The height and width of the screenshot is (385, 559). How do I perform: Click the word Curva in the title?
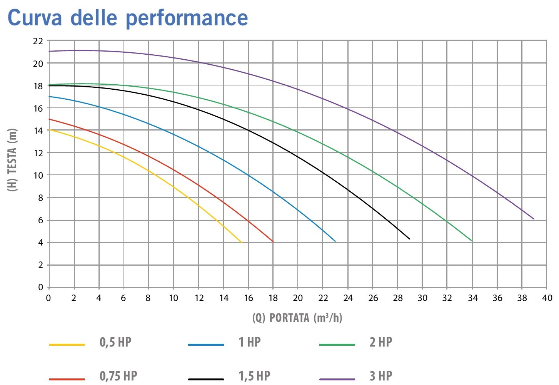coord(35,18)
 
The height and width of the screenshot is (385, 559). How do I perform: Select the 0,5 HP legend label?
coord(115,342)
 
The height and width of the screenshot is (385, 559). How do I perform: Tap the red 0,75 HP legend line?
coord(67,379)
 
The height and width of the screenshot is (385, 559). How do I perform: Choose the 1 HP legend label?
coord(250,342)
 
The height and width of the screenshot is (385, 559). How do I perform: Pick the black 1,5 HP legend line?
coord(206,379)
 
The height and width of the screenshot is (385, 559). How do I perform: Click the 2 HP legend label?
coord(381,342)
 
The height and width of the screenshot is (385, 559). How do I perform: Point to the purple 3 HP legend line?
coord(337,379)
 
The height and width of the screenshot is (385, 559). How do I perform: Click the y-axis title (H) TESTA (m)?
coord(12,160)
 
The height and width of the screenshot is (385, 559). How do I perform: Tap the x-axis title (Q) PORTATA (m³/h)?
coord(297,318)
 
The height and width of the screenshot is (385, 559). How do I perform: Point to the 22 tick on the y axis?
coord(38,41)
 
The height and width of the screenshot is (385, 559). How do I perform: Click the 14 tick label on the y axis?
coord(38,131)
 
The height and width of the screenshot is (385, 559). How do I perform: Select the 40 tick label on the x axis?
coord(547,298)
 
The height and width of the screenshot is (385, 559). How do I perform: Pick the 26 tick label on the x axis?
coord(373,298)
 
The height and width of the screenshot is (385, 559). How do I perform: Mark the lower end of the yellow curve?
coord(242,243)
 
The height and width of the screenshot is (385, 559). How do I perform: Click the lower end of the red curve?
coord(273,242)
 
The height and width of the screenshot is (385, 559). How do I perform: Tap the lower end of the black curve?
coord(409,239)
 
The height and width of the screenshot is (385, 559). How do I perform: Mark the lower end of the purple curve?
coord(534,219)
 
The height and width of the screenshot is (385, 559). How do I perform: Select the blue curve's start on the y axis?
coord(49,97)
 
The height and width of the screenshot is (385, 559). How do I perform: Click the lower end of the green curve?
coord(471,241)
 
